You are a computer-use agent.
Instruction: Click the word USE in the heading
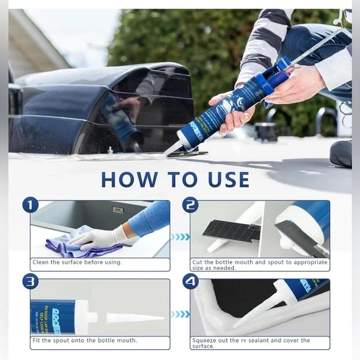coord(227,179)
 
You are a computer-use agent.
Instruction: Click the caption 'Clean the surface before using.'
coord(77,262)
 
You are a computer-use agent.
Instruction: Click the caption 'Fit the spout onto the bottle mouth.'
coord(84,340)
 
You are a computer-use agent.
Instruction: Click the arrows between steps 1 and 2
coord(179,236)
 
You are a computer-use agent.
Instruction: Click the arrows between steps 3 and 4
coord(179,315)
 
